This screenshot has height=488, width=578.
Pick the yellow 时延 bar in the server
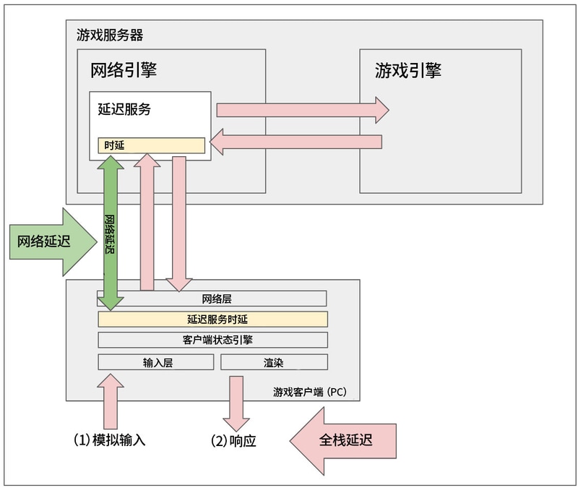(x=152, y=145)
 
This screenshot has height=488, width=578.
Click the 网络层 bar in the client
(x=212, y=298)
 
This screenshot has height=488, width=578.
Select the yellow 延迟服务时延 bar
(x=212, y=319)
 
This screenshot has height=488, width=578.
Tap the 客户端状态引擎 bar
(x=212, y=340)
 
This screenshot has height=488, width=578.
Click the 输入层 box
(x=156, y=362)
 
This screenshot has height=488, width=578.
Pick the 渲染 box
(x=273, y=362)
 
